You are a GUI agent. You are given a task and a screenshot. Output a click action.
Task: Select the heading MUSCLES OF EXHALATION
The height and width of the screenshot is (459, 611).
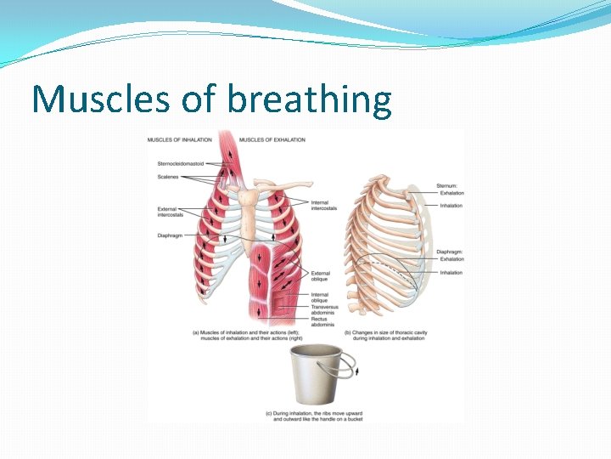(272, 139)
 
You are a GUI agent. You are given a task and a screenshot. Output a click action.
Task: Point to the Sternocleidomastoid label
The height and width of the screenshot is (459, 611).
(181, 163)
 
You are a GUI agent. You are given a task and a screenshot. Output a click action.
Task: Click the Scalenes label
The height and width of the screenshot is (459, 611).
(167, 177)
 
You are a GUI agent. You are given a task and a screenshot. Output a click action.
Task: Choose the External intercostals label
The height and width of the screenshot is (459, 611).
(172, 212)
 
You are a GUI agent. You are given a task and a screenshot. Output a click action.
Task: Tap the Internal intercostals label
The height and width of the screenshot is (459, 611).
(323, 205)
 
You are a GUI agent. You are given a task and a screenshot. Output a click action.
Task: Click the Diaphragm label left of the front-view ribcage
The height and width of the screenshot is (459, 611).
(171, 235)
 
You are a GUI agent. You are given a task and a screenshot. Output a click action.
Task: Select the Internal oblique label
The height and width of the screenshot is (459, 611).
(319, 297)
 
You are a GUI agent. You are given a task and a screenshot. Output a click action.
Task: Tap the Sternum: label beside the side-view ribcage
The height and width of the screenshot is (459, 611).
(447, 184)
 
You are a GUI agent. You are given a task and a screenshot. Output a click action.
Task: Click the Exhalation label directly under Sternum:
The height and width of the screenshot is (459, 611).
(451, 193)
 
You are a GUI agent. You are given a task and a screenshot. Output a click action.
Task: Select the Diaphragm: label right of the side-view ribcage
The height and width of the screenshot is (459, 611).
(451, 252)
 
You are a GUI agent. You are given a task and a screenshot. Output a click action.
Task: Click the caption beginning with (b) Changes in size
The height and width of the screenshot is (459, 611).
(390, 336)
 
